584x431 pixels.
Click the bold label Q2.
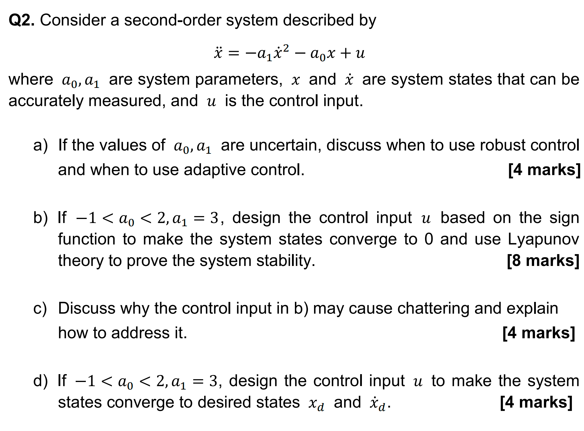tap(21, 20)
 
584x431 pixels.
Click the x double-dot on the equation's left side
tap(218, 53)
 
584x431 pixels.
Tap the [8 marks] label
tap(543, 260)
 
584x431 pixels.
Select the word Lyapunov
tap(543, 240)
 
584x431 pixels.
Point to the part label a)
tap(40, 145)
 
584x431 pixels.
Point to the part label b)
tap(40, 218)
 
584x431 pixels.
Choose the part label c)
tap(40, 308)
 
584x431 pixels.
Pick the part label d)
tap(40, 381)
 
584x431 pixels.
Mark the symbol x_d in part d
tap(316, 403)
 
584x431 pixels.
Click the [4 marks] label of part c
tap(538, 333)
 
